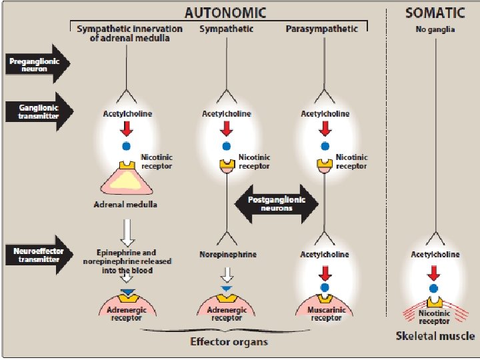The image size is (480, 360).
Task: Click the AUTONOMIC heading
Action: click(x=225, y=12)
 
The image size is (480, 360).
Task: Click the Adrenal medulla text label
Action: click(x=125, y=204)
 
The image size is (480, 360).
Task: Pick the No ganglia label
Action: click(x=435, y=29)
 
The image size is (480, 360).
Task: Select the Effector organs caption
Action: click(x=229, y=342)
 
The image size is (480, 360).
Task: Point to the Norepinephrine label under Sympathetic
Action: click(x=227, y=255)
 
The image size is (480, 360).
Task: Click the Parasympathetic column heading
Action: click(x=321, y=29)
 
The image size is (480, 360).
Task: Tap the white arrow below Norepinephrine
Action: click(x=227, y=275)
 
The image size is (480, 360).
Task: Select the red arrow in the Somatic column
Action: click(x=433, y=272)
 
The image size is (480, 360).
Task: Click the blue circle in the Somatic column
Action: click(x=433, y=289)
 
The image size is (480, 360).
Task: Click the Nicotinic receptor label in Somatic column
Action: click(x=435, y=317)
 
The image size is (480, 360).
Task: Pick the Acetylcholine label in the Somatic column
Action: click(x=435, y=255)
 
